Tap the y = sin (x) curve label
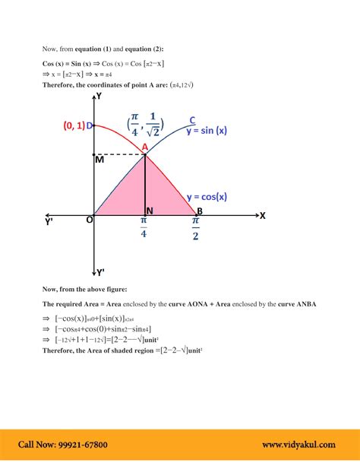coord(207,130)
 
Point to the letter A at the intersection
coord(144,147)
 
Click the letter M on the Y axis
coord(99,160)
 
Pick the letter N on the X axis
coord(149,211)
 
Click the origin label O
coord(89,220)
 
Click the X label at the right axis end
coord(262,215)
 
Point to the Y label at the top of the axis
coord(99,97)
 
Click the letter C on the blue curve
coord(193,119)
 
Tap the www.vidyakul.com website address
coord(299,445)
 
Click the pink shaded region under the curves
coord(144,190)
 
